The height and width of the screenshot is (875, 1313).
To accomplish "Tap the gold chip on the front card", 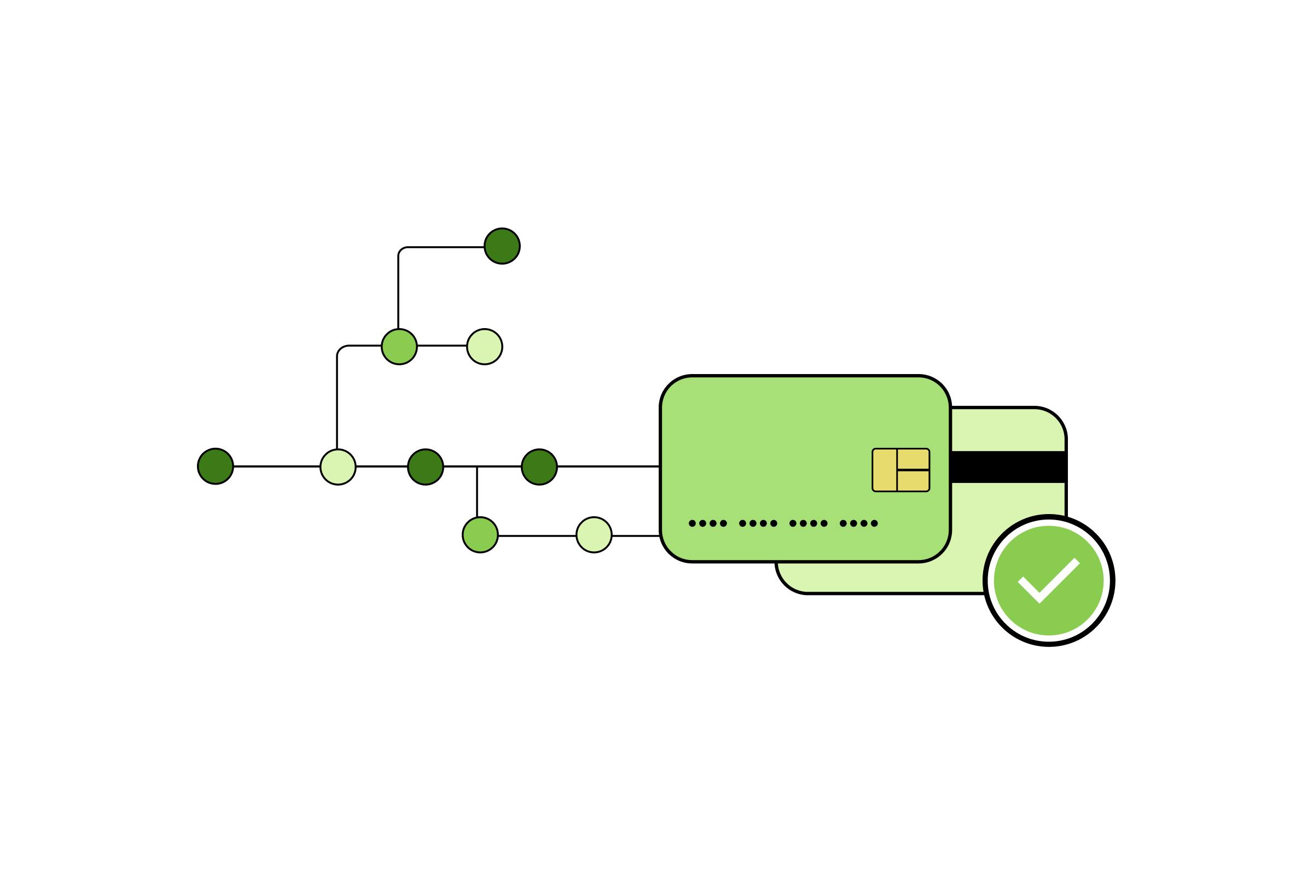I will [900, 470].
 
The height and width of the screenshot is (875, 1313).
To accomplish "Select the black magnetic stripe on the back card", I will [1008, 466].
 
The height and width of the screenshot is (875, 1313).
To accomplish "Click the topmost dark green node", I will [502, 246].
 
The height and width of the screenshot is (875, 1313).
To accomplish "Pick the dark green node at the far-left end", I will [216, 466].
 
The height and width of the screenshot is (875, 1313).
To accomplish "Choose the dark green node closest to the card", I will [539, 466].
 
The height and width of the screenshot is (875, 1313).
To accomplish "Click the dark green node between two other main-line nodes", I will [426, 466].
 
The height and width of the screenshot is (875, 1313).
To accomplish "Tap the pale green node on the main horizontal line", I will [338, 466].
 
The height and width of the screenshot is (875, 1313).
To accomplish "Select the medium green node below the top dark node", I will [399, 347].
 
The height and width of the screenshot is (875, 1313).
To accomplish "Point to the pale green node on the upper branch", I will [485, 347].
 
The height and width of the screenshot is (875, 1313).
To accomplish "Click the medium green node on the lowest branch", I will [480, 535].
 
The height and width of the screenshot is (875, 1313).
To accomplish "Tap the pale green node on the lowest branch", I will [594, 535].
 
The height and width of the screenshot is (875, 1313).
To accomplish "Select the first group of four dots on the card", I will [708, 523].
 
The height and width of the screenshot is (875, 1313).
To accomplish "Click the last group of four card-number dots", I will [858, 523].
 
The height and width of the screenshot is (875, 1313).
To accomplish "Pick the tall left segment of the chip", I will [885, 470].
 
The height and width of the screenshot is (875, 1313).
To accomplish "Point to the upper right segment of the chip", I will [913, 459].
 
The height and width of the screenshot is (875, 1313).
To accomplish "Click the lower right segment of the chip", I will [913, 481].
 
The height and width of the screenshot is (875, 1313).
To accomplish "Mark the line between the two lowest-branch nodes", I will [537, 536].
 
